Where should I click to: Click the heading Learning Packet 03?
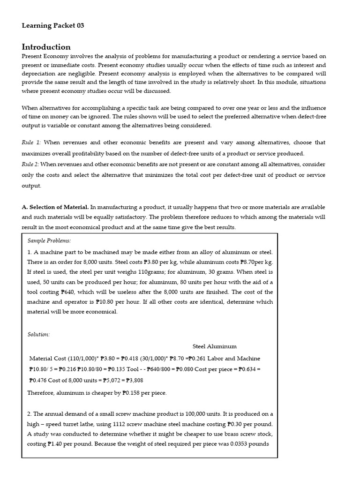click(x=53, y=26)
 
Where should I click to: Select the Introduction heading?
click(x=46, y=47)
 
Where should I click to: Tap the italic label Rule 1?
click(x=31, y=142)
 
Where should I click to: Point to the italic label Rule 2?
click(x=31, y=164)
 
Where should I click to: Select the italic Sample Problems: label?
click(x=49, y=240)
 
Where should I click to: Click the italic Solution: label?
click(x=38, y=334)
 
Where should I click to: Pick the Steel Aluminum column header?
click(x=214, y=346)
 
